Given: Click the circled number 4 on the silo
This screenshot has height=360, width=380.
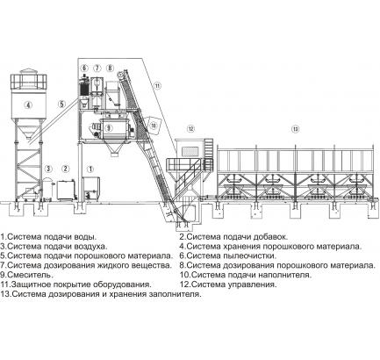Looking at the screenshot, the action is [28, 104].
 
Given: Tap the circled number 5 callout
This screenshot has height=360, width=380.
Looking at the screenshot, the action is [61, 104].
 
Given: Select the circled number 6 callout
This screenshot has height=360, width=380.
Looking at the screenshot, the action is [84, 68].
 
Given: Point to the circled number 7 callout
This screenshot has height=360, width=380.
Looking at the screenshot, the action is [97, 68].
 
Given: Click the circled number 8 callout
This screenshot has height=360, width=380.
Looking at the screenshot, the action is [110, 68].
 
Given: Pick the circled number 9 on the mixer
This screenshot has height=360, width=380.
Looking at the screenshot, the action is [109, 128].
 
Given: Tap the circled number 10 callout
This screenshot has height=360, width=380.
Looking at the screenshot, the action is [154, 126].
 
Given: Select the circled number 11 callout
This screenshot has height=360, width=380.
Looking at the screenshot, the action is [157, 85].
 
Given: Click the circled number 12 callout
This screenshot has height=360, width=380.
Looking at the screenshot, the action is [190, 128].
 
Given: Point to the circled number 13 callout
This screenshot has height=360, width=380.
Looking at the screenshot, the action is [296, 128].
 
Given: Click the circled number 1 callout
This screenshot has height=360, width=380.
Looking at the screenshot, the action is [90, 169].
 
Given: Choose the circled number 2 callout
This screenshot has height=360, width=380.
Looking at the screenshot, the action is [66, 169].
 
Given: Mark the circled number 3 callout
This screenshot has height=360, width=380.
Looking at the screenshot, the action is [48, 169].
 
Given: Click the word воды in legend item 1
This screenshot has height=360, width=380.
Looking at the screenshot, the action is [86, 237].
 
